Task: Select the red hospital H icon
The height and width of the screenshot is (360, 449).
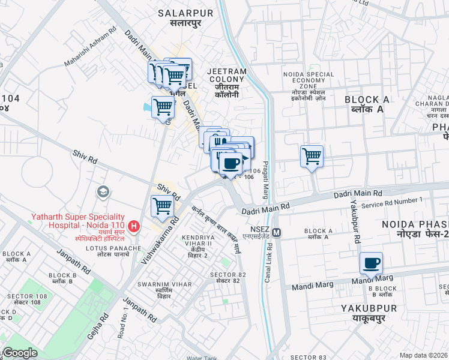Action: pyautogui.click(x=134, y=227)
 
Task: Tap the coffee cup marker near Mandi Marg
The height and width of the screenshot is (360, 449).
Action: pyautogui.click(x=371, y=263)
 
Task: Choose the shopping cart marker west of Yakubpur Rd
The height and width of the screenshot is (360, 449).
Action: pyautogui.click(x=312, y=157)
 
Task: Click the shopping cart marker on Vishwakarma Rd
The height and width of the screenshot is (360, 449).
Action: pyautogui.click(x=163, y=206)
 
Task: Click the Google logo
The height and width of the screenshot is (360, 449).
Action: pyautogui.click(x=20, y=353)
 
